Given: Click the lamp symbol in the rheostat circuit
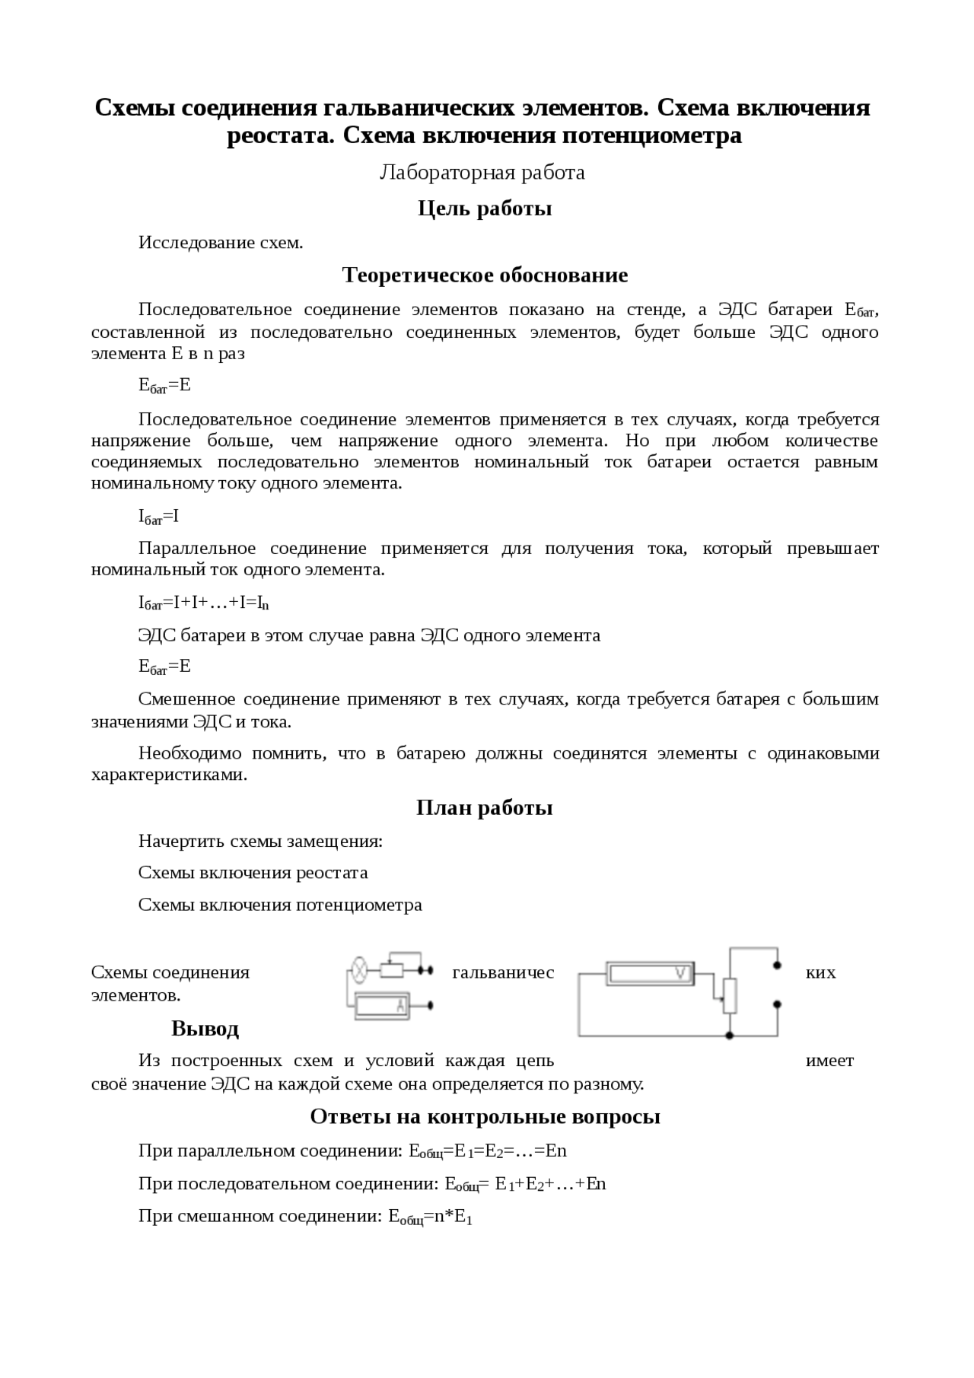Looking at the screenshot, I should [x=358, y=970].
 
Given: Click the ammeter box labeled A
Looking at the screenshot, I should [x=381, y=1005].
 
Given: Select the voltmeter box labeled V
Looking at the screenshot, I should [x=651, y=972].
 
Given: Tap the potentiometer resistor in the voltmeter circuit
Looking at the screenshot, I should [x=730, y=997].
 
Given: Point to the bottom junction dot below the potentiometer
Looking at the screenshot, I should [x=730, y=1036].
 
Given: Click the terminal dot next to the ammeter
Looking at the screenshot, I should [x=431, y=1005].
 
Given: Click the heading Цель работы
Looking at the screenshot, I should [x=485, y=208].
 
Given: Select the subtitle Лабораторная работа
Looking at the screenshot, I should [x=482, y=173].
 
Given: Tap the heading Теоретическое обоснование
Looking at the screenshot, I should [x=485, y=275].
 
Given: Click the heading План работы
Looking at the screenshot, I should [x=485, y=808].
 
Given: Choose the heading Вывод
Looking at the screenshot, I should [x=205, y=1029].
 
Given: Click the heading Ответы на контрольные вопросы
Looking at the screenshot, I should [x=485, y=1116].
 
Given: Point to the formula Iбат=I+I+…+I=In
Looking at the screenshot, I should [x=204, y=603].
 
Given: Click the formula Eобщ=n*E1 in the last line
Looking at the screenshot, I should [x=430, y=1217].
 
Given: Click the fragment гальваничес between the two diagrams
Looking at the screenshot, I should [x=503, y=972].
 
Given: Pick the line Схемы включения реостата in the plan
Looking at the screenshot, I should [x=253, y=873].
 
